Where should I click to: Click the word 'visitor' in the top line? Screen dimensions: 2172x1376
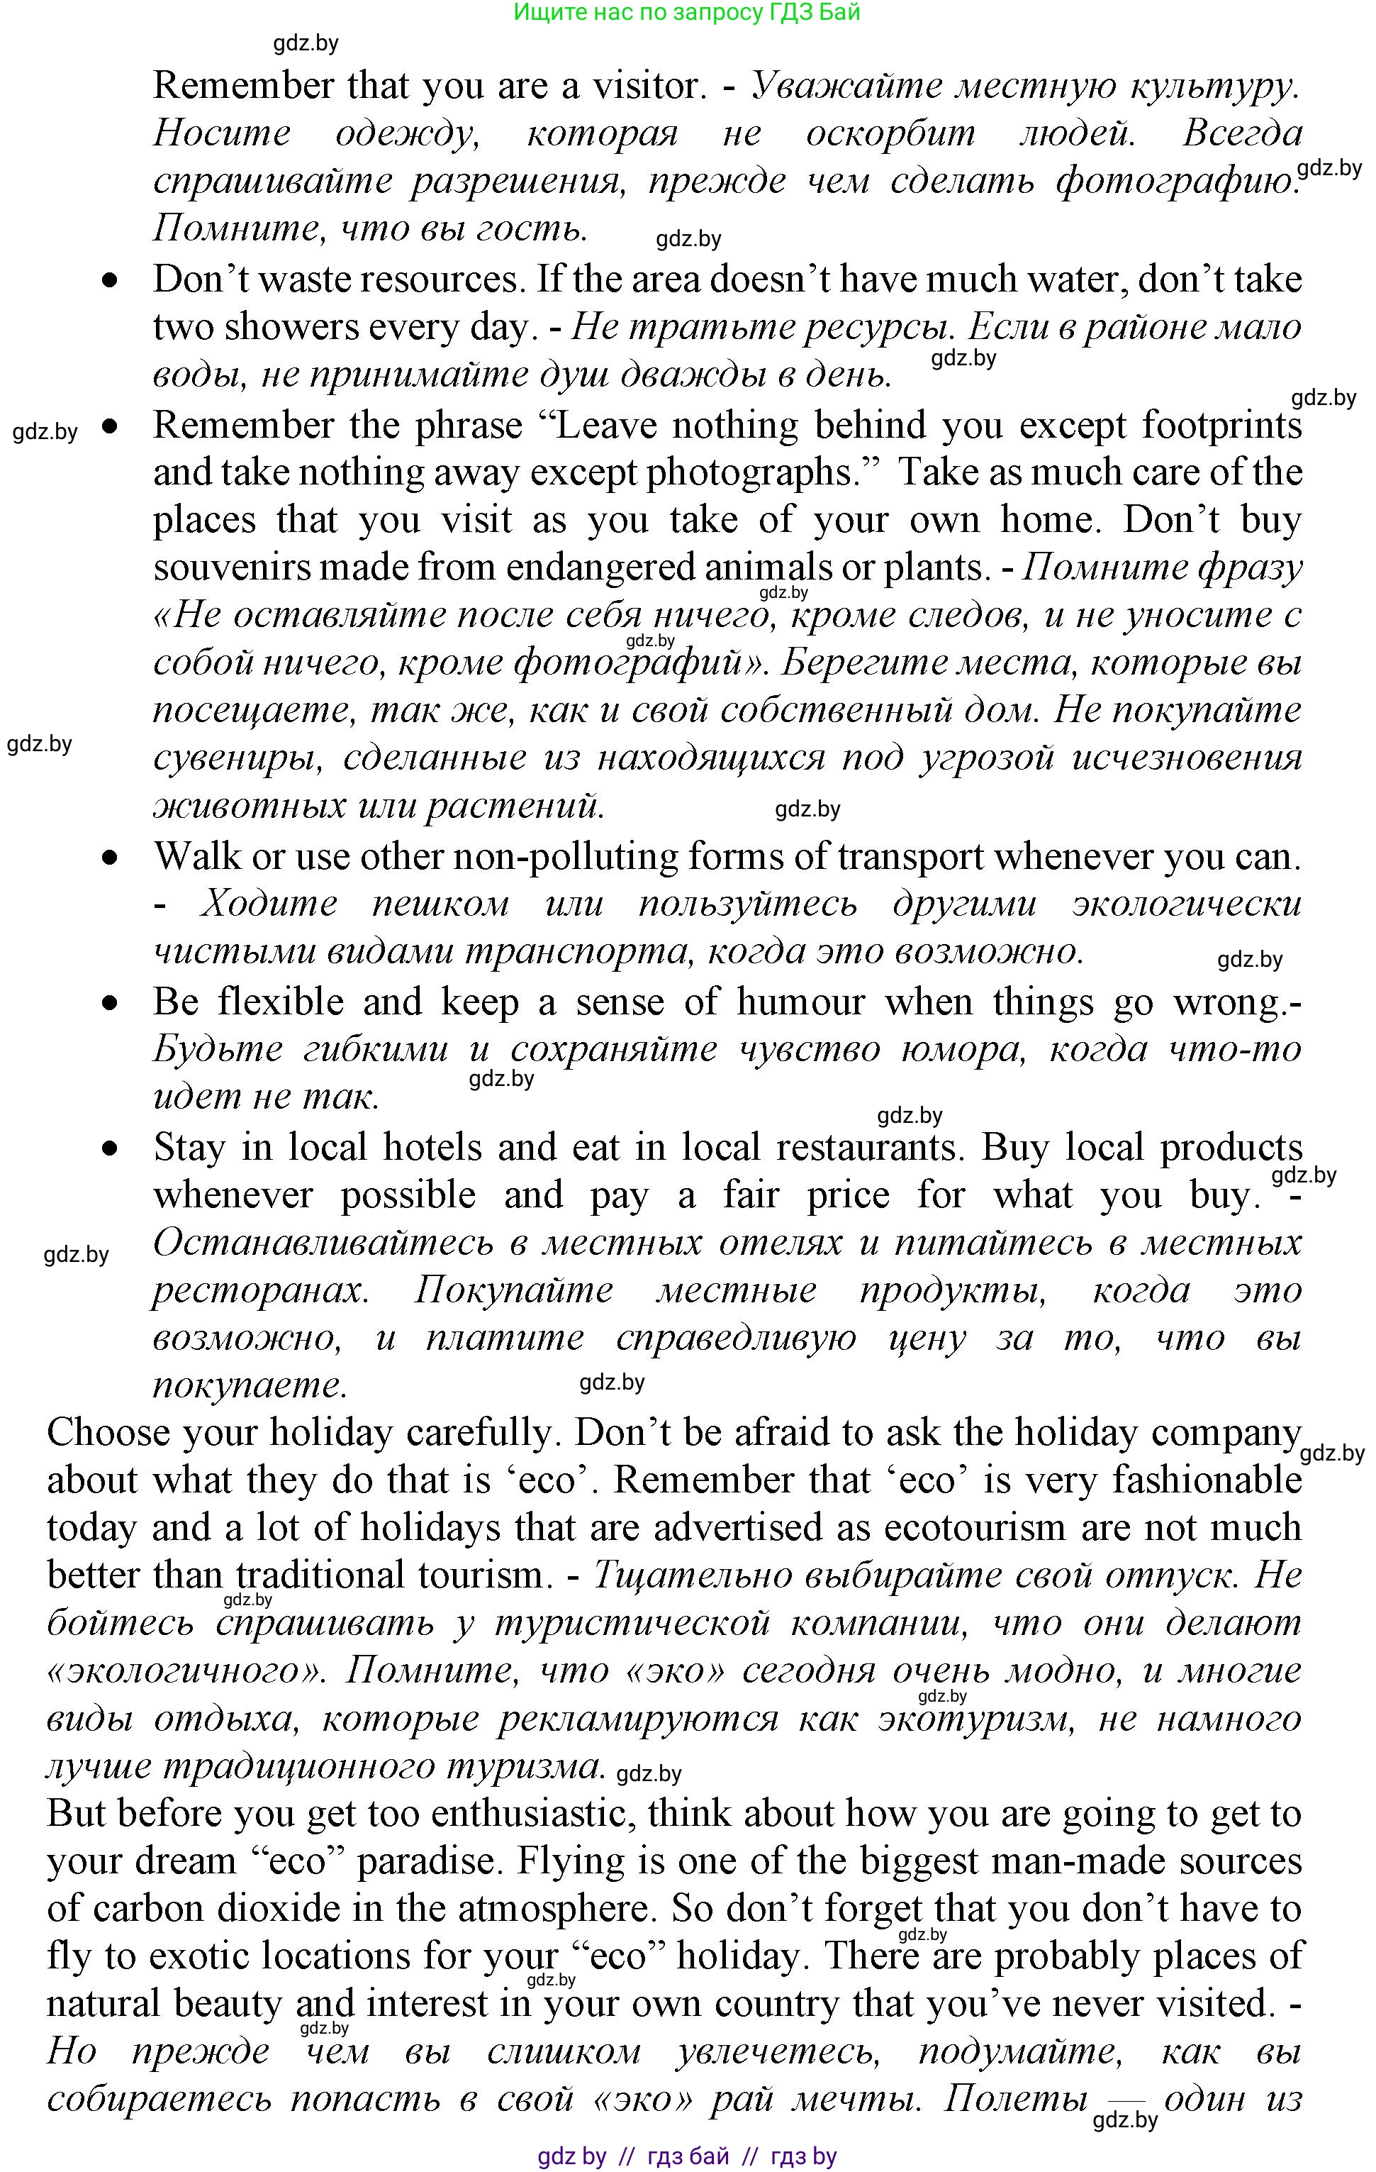click(x=646, y=86)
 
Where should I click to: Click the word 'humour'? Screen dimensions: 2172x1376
click(x=800, y=1002)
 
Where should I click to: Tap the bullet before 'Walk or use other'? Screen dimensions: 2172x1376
click(x=110, y=857)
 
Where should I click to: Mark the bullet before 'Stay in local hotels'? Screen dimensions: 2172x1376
click(x=110, y=1148)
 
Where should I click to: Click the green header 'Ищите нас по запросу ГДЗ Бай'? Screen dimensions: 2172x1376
click(x=687, y=13)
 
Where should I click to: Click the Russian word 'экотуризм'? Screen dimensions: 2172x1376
click(x=974, y=1719)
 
